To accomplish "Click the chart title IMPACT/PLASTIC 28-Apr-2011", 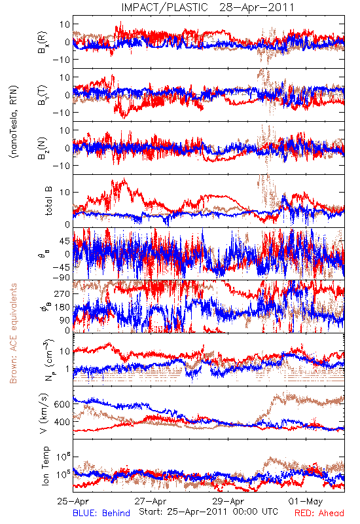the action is click(207, 7).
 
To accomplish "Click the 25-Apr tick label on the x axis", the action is click(73, 501).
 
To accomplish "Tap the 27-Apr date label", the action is click(151, 501).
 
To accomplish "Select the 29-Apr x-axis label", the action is click(228, 501).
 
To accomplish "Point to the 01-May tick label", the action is click(306, 501).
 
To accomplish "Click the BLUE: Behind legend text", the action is click(101, 513).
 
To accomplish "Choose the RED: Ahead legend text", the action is click(319, 513).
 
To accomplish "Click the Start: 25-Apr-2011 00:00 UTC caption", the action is click(208, 512).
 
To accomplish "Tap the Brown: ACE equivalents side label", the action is click(13, 333).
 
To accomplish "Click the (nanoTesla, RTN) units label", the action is click(14, 122).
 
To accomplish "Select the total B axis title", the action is click(48, 201).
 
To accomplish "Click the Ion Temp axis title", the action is click(45, 466).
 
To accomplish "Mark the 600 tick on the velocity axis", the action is click(62, 404).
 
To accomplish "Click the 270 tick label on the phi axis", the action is click(62, 293).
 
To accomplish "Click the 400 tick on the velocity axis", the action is click(62, 422).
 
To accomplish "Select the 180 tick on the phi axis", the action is click(62, 307).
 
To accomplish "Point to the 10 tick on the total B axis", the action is click(65, 192).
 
